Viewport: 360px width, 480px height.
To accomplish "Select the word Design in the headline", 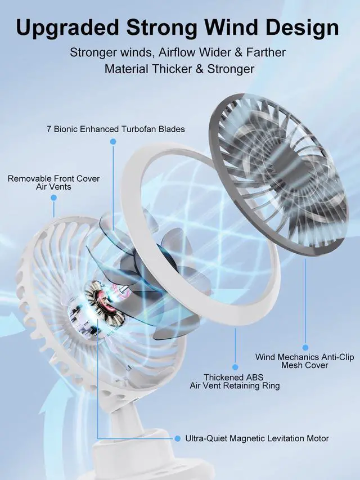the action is coord(305,27).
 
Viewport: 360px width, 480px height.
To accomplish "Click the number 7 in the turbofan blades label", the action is coord(49,129).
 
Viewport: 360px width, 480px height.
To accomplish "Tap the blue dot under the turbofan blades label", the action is coord(113,142).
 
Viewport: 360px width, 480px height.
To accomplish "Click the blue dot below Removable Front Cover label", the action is coord(53,198).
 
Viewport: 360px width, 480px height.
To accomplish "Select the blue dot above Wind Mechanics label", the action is coord(305,348).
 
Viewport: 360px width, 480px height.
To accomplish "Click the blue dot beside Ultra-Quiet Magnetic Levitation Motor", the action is coord(178,438).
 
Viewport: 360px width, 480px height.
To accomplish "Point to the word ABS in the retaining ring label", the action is coord(254,377).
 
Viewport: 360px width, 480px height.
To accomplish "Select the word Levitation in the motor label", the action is coord(273,438).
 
